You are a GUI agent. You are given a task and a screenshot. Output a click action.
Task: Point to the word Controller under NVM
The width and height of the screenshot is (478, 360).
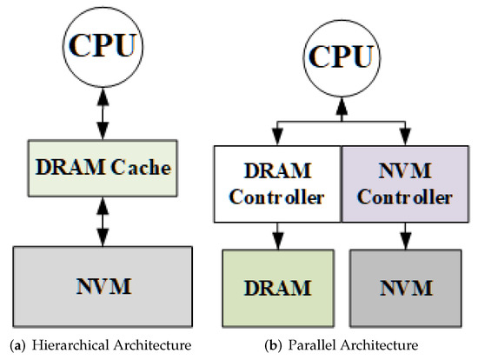pos(405,197)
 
